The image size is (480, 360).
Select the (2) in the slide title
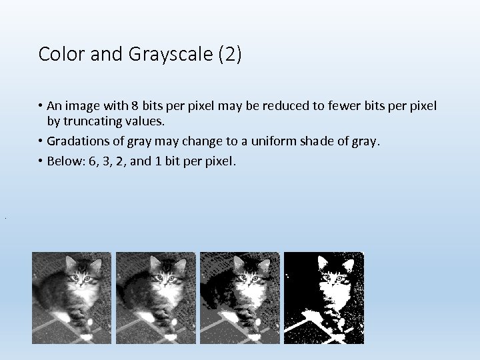(x=230, y=55)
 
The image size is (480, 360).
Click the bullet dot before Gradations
(x=41, y=141)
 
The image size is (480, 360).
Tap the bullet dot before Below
(x=41, y=161)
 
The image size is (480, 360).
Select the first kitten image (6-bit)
(x=72, y=298)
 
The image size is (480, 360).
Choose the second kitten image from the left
(x=156, y=298)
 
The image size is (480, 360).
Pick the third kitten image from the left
(x=240, y=298)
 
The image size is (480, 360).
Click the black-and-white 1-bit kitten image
(x=324, y=298)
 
